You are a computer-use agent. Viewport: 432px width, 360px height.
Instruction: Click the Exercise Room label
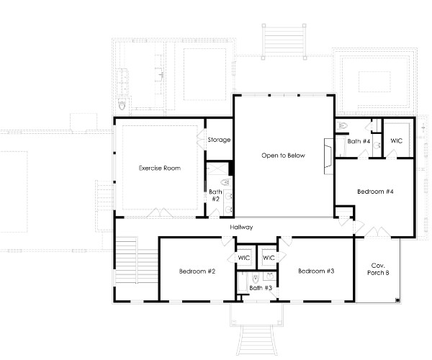point(160,168)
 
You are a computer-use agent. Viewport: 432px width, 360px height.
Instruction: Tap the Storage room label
point(219,140)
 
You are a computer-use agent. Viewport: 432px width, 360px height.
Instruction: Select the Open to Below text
point(283,156)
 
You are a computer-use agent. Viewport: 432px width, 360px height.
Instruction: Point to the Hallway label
point(241,227)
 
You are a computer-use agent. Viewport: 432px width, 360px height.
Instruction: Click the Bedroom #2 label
point(197,271)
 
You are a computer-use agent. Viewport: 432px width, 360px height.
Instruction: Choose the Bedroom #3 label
point(316,271)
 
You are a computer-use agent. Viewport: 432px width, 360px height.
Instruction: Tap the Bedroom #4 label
point(375,192)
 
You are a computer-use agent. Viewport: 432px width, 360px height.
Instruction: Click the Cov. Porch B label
point(378,269)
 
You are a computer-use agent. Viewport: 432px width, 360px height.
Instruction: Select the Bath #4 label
point(359,141)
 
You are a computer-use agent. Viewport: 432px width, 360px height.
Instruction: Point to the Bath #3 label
point(261,288)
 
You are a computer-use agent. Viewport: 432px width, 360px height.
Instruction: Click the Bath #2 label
point(215,195)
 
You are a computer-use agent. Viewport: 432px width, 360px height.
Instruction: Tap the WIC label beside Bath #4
point(397,140)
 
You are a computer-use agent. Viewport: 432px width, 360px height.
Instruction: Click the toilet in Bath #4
point(342,125)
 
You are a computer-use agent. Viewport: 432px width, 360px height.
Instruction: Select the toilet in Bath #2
point(225,182)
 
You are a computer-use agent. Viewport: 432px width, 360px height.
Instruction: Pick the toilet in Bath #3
point(256,278)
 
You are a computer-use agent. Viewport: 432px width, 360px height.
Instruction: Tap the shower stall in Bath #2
point(217,168)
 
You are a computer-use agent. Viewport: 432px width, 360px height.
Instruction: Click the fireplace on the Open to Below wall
point(329,156)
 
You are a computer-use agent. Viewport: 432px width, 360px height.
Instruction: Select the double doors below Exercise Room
point(160,212)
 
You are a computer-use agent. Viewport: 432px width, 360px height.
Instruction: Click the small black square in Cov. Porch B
point(397,300)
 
